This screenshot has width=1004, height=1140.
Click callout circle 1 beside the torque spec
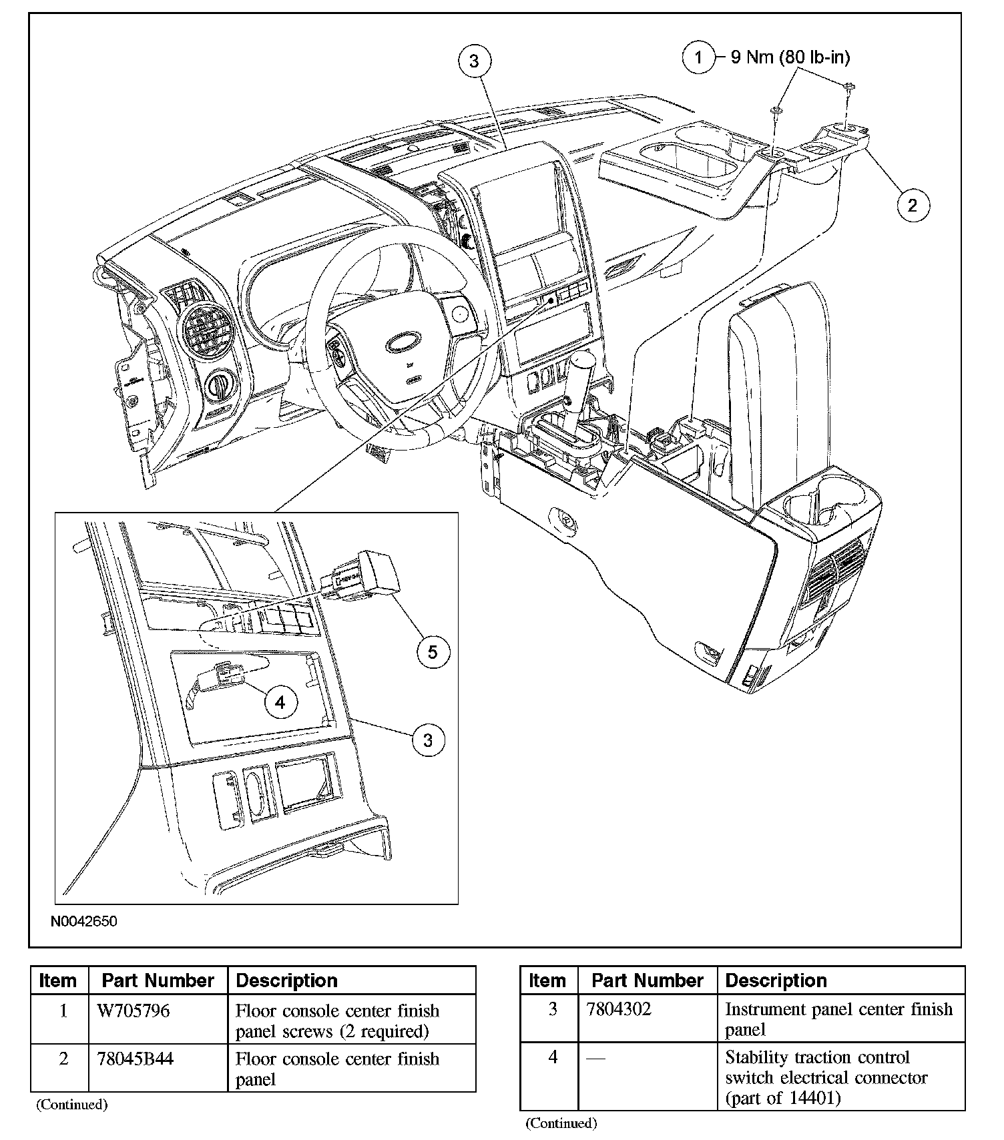698,57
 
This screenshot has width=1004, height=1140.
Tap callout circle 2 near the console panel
912,205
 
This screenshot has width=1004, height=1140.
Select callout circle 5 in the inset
433,651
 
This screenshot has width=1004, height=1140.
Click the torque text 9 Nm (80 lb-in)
790,57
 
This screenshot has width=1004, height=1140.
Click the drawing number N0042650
83,922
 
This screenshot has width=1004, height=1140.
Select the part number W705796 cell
134,1011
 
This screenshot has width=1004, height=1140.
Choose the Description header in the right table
776,980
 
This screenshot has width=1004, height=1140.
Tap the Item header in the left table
58,980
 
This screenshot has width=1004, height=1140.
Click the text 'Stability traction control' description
818,1058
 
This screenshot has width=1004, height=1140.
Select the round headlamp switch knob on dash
220,385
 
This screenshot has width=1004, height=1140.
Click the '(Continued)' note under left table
71,1105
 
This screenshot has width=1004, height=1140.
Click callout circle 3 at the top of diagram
473,61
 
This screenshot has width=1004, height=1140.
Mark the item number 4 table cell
552,1058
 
